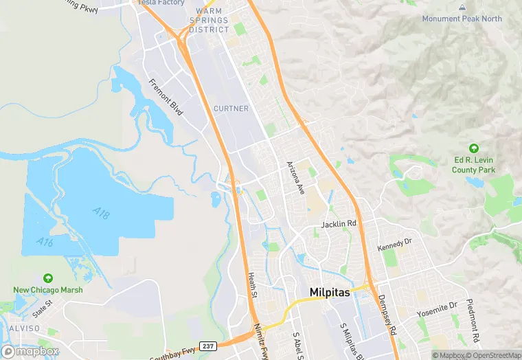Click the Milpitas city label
(x=330, y=292)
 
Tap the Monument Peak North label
(x=462, y=19)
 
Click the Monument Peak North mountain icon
(x=462, y=7)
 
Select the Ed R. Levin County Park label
(x=473, y=165)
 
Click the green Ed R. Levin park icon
(x=473, y=148)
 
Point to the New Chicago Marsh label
(x=48, y=290)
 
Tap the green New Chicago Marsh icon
(x=48, y=278)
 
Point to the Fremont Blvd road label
(x=166, y=97)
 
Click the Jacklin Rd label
(x=339, y=225)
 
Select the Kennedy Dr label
(x=394, y=244)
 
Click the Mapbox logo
(x=30, y=351)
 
